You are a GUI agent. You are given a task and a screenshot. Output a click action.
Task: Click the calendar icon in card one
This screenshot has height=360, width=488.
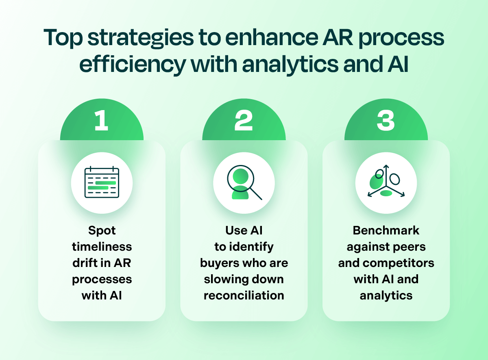pos(102,182)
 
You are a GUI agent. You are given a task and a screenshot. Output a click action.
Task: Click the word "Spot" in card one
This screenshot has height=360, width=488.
pos(102,230)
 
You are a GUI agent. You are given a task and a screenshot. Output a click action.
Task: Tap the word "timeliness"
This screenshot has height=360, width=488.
pos(102,247)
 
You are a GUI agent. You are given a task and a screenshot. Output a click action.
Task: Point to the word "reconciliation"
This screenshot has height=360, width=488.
pos(244,295)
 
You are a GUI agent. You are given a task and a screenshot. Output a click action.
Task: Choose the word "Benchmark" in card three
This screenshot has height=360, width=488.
pos(386,230)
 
